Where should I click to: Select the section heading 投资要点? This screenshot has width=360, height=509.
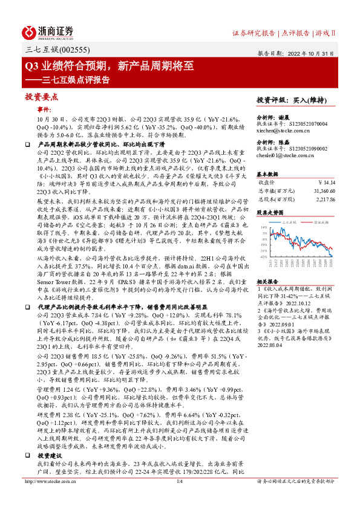pos(42,97)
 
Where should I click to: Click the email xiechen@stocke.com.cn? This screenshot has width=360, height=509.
pos(283,130)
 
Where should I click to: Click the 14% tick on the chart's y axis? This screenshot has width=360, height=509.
pos(264,228)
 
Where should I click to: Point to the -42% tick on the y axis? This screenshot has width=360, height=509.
pos(263,256)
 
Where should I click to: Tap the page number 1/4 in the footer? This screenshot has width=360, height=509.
pos(180,498)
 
